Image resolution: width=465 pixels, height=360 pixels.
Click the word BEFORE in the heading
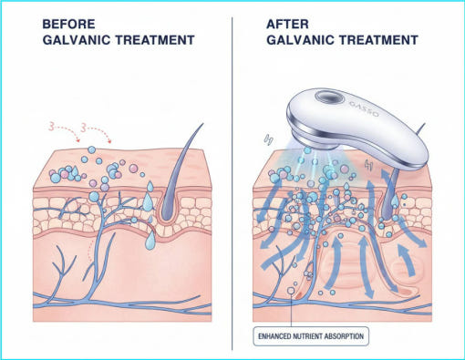(x=68, y=24)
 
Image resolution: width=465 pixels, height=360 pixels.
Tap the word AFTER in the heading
(x=287, y=24)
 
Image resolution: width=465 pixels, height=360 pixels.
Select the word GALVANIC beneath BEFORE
(x=77, y=40)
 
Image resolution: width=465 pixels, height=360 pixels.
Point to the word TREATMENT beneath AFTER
(x=378, y=40)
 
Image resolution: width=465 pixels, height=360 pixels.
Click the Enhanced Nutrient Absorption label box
(x=311, y=336)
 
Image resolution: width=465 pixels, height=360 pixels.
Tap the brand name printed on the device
(x=364, y=108)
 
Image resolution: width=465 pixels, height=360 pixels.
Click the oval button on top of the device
(x=329, y=98)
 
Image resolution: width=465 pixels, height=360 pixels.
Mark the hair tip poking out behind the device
(x=420, y=129)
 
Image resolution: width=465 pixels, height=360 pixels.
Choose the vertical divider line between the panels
(x=232, y=183)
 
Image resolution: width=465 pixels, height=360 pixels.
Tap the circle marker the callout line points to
(x=291, y=291)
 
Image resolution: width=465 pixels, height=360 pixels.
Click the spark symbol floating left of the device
(x=268, y=139)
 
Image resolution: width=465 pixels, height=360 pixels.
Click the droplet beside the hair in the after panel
(x=395, y=201)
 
